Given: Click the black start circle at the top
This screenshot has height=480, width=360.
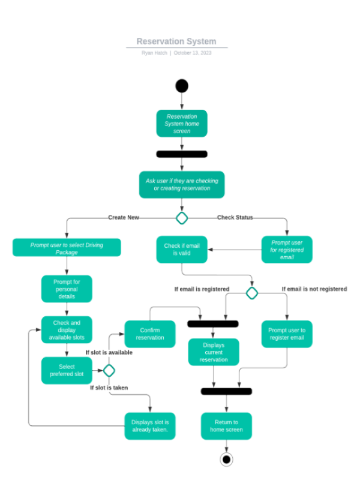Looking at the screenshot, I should pyautogui.click(x=182, y=86).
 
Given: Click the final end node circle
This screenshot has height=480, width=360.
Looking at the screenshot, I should pyautogui.click(x=226, y=460).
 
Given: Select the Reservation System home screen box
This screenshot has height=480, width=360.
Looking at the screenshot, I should pyautogui.click(x=182, y=124).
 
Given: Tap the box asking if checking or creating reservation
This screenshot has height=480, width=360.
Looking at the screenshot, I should pyautogui.click(x=182, y=184).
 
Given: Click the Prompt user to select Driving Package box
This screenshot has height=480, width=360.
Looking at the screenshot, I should pyautogui.click(x=67, y=247).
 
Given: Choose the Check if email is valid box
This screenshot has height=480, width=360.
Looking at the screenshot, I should pyautogui.click(x=182, y=250).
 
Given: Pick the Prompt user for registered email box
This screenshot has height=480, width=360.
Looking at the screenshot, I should pyautogui.click(x=287, y=250).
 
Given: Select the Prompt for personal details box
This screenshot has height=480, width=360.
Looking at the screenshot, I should pyautogui.click(x=67, y=289).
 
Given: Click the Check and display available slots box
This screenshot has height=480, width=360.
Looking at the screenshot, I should pyautogui.click(x=67, y=331).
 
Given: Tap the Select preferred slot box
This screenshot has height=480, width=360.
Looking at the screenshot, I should pyautogui.click(x=67, y=371).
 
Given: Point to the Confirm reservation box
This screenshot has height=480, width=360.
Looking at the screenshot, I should pyautogui.click(x=150, y=334).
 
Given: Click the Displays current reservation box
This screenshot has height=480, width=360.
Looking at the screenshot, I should pyautogui.click(x=214, y=352).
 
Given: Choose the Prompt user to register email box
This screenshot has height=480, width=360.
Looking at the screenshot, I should pyautogui.click(x=287, y=334).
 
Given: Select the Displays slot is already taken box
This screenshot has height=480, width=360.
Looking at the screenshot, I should pyautogui.click(x=150, y=426).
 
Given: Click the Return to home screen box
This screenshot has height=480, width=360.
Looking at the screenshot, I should pyautogui.click(x=226, y=426).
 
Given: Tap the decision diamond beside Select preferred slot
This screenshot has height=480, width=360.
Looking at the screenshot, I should pyautogui.click(x=109, y=371).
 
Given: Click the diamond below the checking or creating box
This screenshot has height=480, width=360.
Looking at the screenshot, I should pyautogui.click(x=182, y=218).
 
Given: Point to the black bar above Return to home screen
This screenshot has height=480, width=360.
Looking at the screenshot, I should pyautogui.click(x=226, y=392).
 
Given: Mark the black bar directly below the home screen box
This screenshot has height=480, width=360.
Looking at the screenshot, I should pyautogui.click(x=182, y=154).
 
